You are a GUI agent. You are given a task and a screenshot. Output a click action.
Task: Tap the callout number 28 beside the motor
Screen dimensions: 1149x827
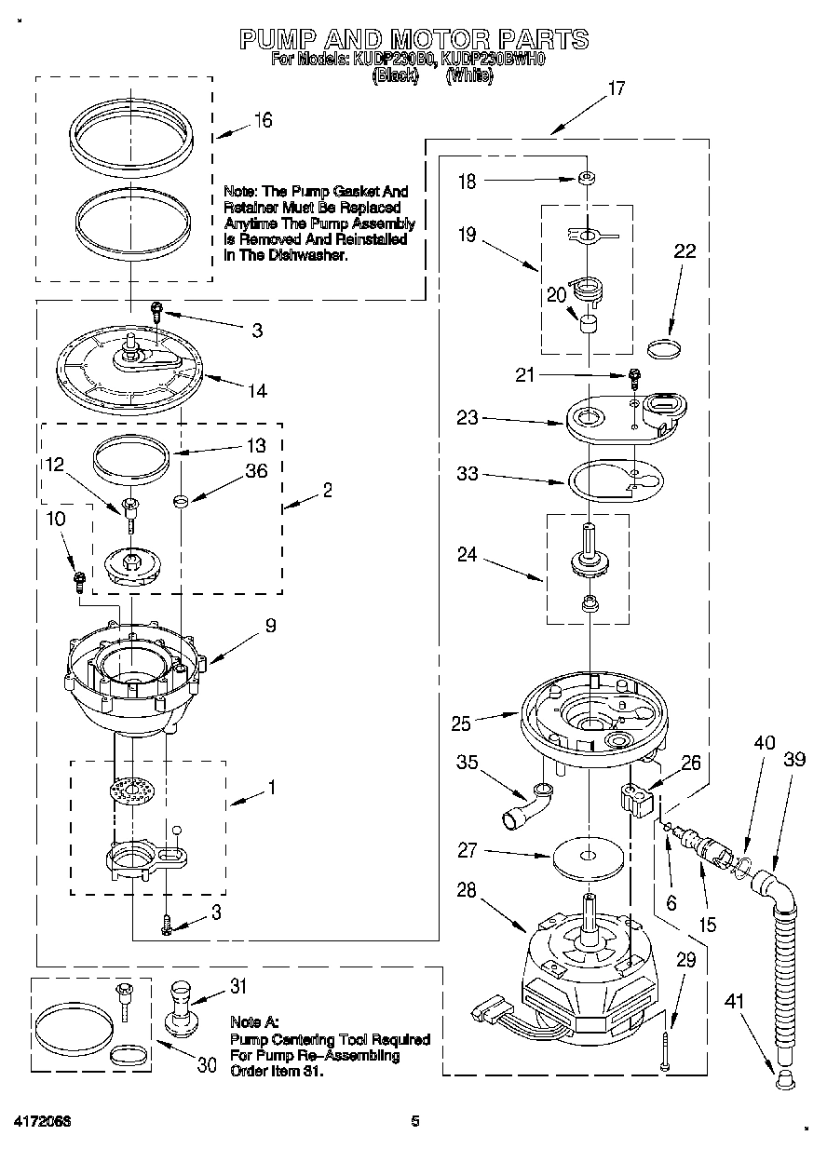point(466,890)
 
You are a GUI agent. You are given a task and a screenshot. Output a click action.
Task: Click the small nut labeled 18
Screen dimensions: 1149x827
point(587,180)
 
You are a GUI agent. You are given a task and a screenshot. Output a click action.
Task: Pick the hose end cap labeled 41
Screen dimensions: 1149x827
point(784,1079)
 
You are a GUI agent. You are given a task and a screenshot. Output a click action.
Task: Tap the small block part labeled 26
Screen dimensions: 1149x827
point(635,799)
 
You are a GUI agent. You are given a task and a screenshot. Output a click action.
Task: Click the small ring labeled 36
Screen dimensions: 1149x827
point(182,500)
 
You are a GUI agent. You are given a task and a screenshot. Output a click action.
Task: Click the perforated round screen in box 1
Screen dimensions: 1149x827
point(130,792)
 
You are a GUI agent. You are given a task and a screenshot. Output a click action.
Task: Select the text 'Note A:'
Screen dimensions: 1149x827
point(253,1021)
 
